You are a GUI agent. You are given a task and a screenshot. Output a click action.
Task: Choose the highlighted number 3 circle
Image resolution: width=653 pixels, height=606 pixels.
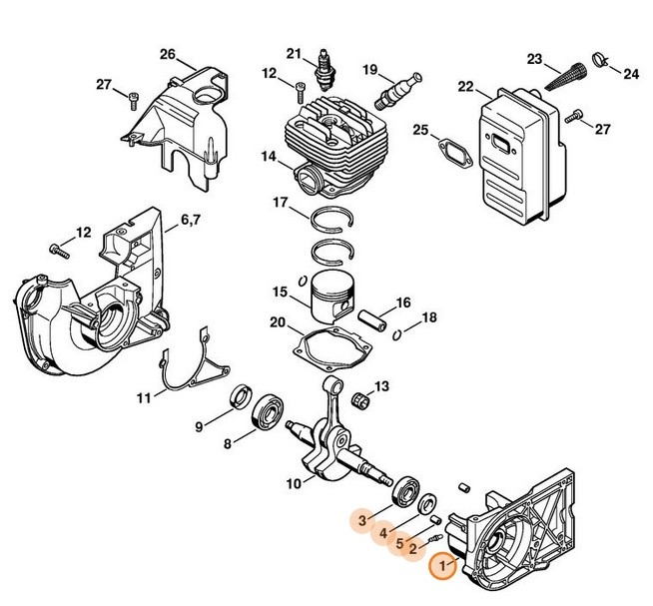[362, 519]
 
